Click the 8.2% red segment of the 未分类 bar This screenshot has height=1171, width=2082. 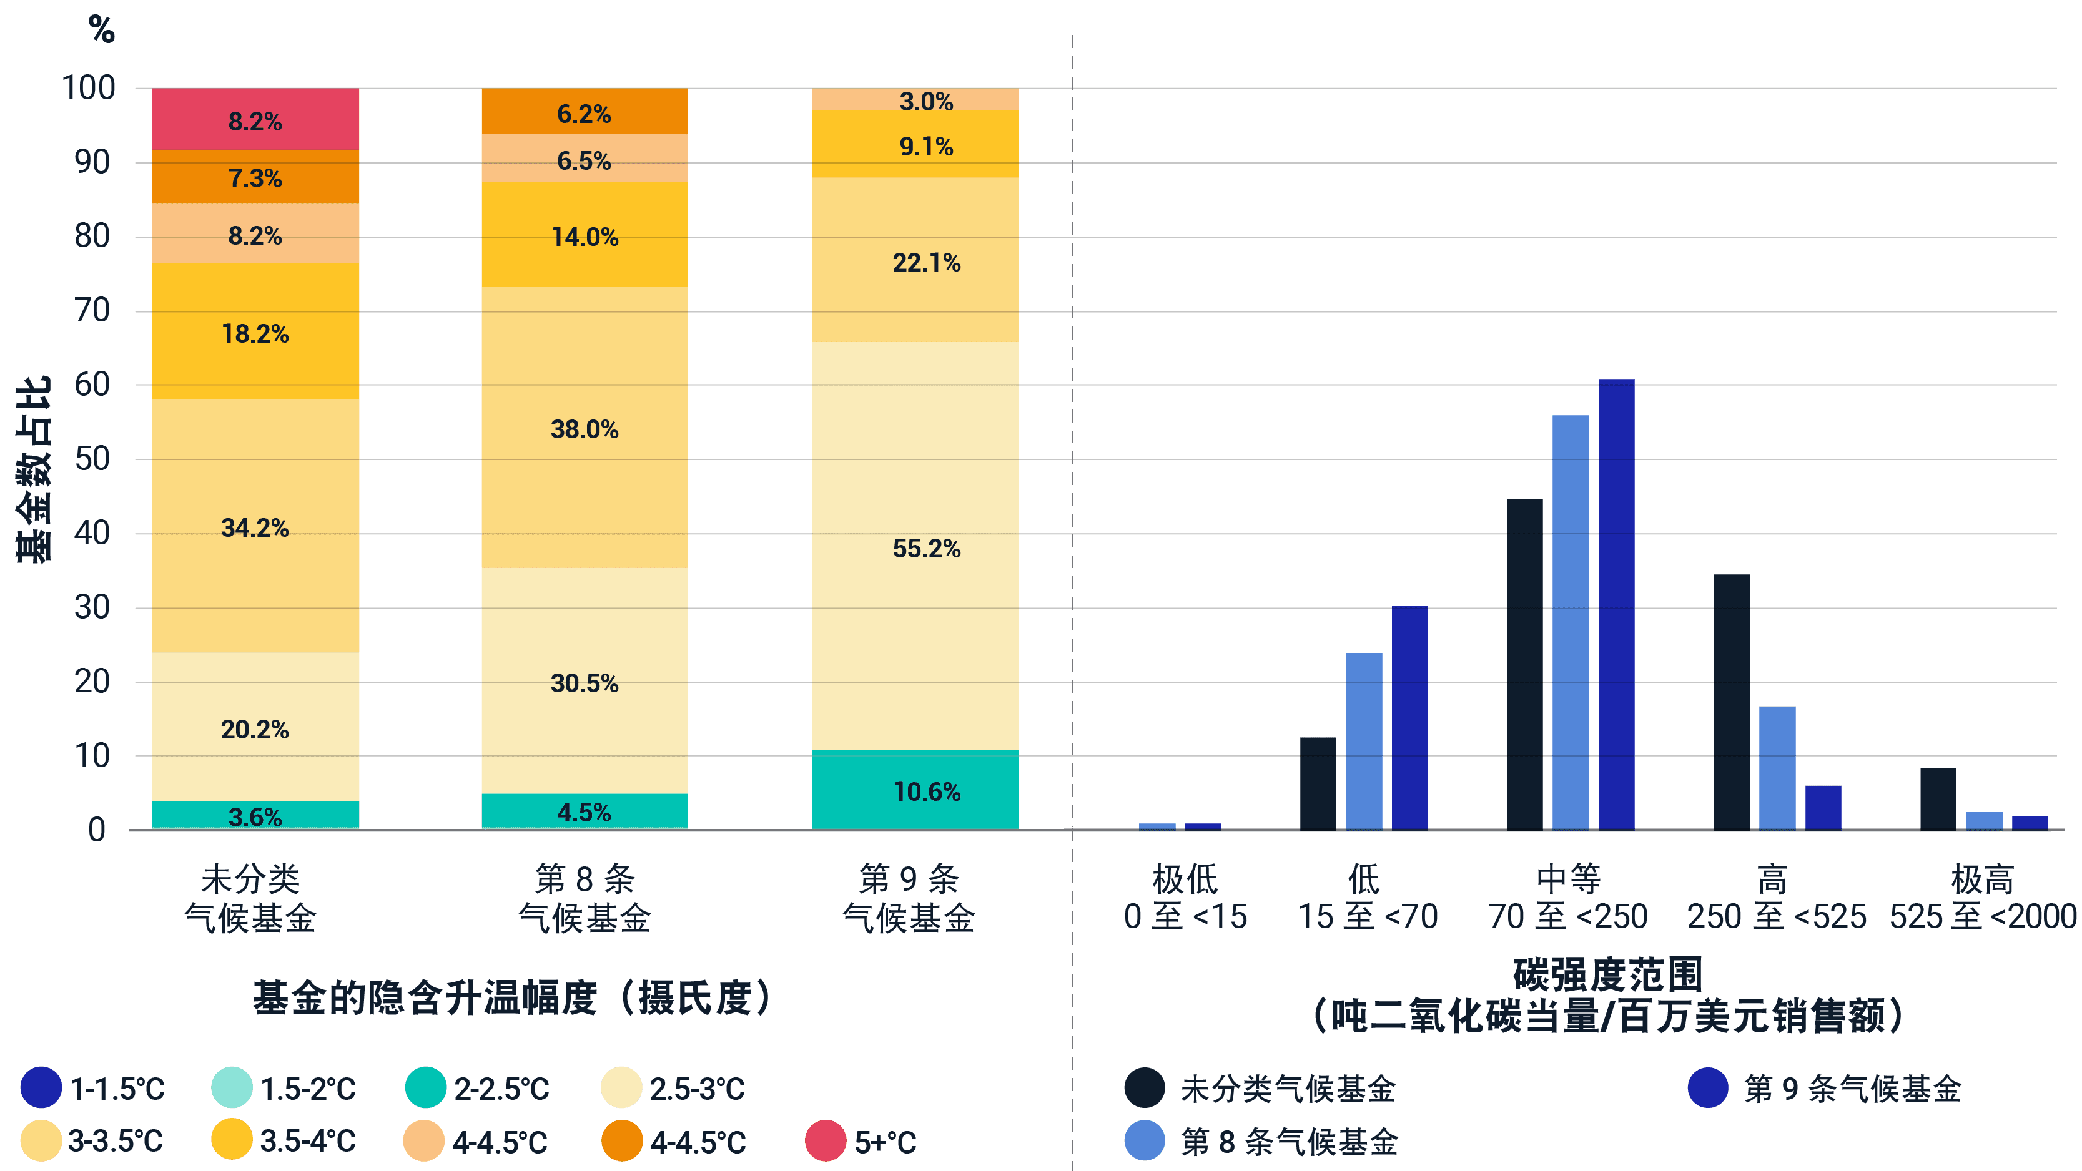click(x=255, y=120)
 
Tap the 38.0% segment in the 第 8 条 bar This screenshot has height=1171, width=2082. click(x=585, y=428)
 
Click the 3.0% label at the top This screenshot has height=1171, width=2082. click(x=926, y=102)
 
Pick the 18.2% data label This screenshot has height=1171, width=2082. click(x=255, y=333)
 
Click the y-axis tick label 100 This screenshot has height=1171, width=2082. click(x=89, y=87)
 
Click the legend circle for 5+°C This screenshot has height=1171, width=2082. click(x=825, y=1140)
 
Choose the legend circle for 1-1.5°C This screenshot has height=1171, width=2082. click(x=41, y=1088)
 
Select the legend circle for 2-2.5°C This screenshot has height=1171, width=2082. click(x=426, y=1088)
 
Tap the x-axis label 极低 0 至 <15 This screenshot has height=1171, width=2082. click(x=1185, y=897)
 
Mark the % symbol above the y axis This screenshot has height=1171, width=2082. click(x=102, y=30)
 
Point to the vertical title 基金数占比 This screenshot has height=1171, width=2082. click(x=34, y=469)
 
